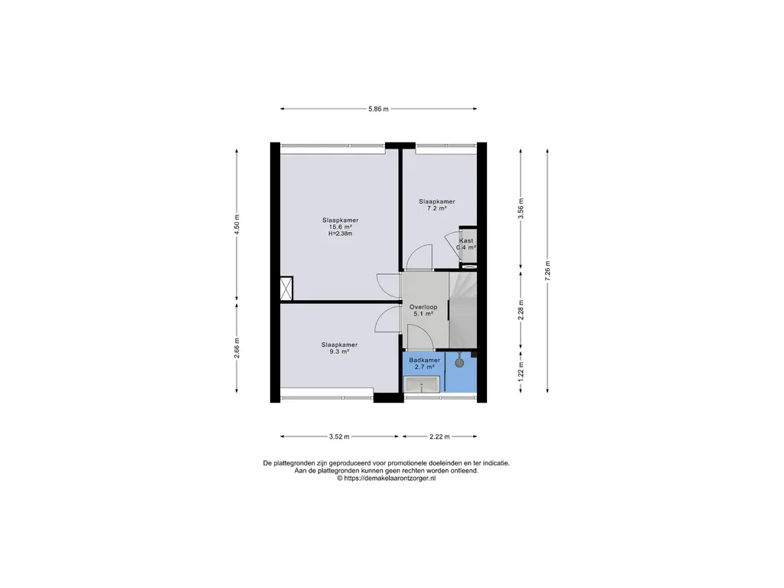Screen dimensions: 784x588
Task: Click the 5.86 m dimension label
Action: point(378,109)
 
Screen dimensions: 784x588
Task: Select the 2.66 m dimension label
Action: point(237,348)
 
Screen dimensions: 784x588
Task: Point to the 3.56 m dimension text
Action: point(521,208)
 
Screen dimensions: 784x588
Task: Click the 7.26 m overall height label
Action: point(547,270)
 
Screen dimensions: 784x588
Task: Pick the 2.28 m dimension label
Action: point(521,310)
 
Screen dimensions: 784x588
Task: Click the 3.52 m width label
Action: point(339,436)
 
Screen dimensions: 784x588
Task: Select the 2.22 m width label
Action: point(439,436)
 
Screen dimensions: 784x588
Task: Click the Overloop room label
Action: point(423,307)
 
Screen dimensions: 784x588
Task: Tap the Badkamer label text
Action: point(424,360)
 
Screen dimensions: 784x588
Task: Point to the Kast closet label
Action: point(466,240)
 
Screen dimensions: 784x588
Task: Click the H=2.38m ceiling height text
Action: point(341,234)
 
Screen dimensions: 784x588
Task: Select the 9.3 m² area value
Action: point(339,351)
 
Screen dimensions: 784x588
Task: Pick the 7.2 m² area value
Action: point(436,208)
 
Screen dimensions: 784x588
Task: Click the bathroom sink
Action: point(422,384)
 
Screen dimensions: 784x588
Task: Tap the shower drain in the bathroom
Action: point(459,362)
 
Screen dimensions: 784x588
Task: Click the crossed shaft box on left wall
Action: point(286,289)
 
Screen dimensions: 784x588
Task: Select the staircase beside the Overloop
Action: point(463,310)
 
